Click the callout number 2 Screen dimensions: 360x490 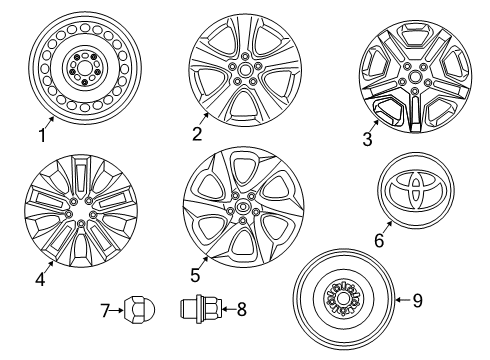199,133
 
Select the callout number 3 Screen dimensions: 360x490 368,140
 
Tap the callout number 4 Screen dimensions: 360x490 39,281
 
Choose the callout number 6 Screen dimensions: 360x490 377,241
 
